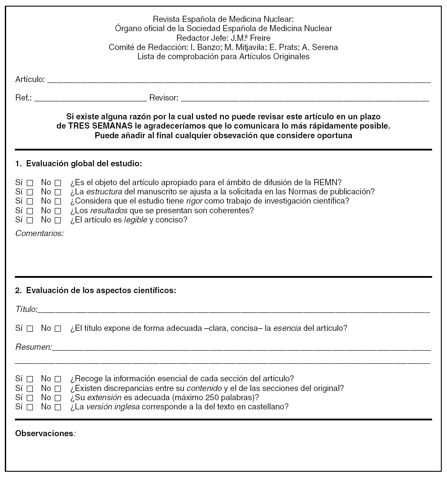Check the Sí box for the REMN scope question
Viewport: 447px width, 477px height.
30,182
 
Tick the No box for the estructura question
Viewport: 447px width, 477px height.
58,192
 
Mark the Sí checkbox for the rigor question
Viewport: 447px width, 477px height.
30,201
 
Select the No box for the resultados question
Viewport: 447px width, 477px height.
58,211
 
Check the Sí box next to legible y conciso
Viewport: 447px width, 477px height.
30,220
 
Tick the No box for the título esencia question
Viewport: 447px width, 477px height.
58,329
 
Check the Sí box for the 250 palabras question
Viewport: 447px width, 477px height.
30,398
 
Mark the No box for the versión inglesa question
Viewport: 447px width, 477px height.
58,407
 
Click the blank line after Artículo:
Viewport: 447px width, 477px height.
239,81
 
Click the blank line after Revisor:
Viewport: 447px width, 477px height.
305,100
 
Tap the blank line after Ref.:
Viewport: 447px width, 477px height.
90,100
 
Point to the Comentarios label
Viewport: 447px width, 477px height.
39,233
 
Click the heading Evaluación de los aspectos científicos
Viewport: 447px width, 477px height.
101,290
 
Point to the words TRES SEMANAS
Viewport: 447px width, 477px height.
96,126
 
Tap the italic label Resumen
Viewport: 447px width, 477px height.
33,347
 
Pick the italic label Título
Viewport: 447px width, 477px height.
26,309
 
